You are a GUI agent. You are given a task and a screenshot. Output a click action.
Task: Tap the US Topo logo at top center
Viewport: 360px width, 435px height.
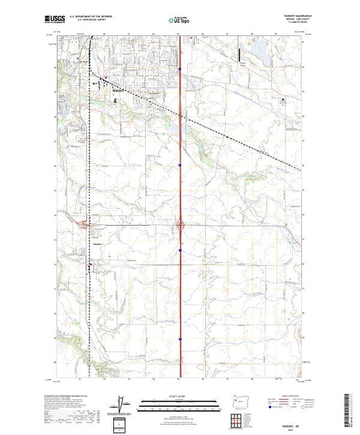[x=179, y=21]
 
